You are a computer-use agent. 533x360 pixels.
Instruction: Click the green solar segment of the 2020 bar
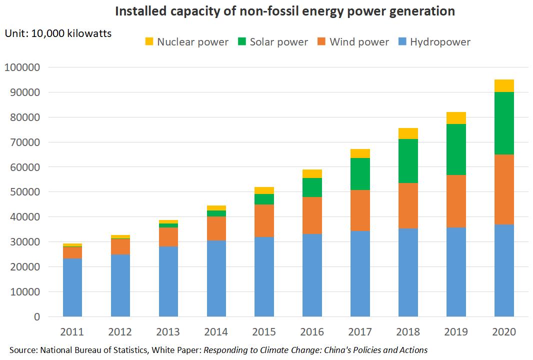tap(504, 123)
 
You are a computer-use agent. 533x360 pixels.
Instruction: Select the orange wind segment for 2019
tap(456, 201)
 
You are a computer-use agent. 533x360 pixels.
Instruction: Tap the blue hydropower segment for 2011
tap(72, 287)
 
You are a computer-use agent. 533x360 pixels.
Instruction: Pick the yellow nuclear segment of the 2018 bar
tap(408, 133)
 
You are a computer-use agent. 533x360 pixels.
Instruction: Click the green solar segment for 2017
tap(360, 174)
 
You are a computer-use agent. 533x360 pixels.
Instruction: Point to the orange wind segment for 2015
tap(264, 220)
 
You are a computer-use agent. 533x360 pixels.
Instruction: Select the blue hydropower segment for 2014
tap(216, 278)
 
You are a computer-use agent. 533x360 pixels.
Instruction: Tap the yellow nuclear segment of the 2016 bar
tap(312, 173)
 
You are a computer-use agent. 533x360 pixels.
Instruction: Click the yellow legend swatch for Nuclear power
tap(149, 41)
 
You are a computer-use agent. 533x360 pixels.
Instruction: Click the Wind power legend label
tap(359, 41)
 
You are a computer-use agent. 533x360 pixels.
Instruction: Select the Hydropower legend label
tap(440, 41)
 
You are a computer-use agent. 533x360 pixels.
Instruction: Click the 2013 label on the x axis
tap(168, 331)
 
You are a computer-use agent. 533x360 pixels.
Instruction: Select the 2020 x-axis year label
tap(504, 331)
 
